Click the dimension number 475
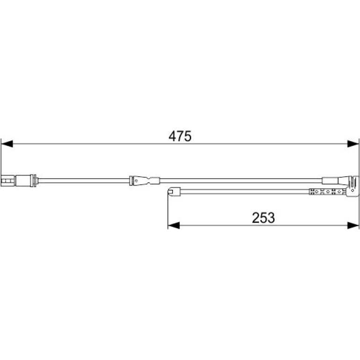click(x=180, y=136)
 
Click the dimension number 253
click(x=263, y=218)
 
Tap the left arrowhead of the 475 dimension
click(x=7, y=144)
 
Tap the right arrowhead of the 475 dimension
click(x=353, y=144)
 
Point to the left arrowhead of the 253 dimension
click(x=174, y=225)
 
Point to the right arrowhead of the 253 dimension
click(x=353, y=225)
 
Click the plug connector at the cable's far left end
click(x=8, y=180)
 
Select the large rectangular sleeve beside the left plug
click(x=23, y=180)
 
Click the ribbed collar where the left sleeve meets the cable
click(x=34, y=180)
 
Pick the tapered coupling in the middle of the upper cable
click(x=144, y=180)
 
